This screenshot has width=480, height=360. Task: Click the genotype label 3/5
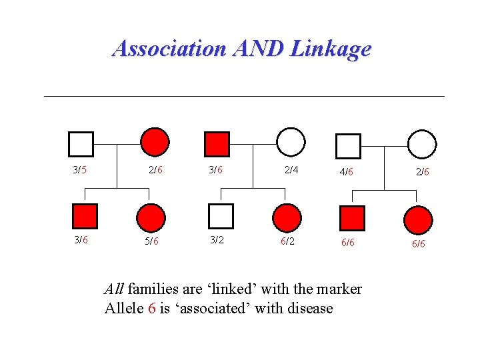point(80,170)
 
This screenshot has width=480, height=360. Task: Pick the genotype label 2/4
point(291,170)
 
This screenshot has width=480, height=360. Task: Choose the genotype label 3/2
point(217,240)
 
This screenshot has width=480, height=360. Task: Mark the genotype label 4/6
point(346,172)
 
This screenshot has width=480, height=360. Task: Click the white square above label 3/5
point(81,143)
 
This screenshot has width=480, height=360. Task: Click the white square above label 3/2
point(221,216)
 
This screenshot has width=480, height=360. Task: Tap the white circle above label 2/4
point(291,141)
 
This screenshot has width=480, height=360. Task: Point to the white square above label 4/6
point(347,146)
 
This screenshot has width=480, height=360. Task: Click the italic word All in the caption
point(114,289)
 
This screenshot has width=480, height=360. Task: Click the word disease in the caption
point(311,308)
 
